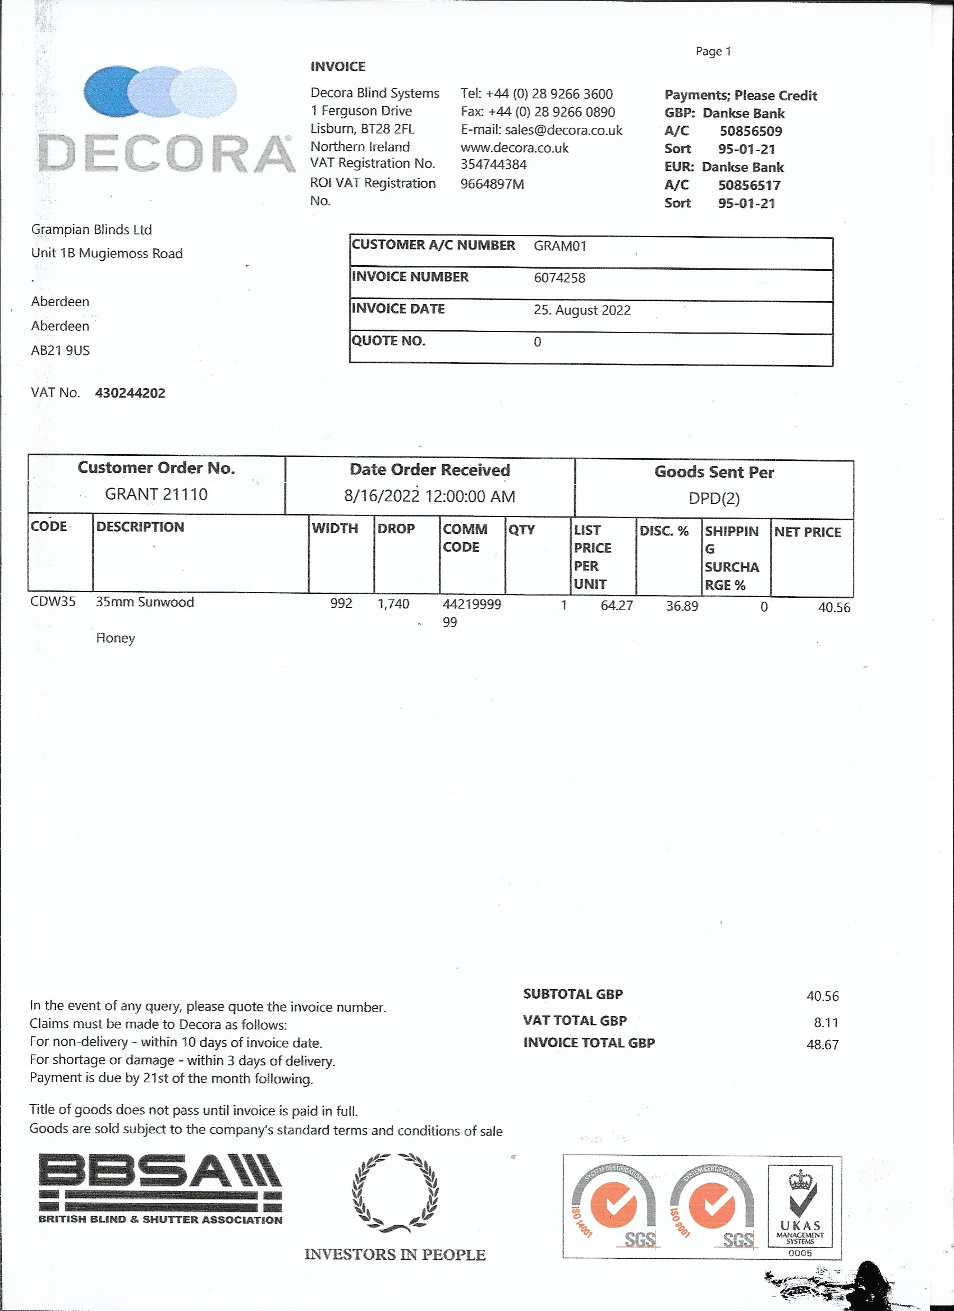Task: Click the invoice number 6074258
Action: pyautogui.click(x=559, y=278)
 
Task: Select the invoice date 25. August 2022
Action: pyautogui.click(x=581, y=311)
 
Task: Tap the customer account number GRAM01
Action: pyautogui.click(x=559, y=246)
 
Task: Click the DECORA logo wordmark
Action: pyautogui.click(x=166, y=154)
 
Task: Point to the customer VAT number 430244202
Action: pyautogui.click(x=130, y=393)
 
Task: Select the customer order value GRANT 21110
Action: pyautogui.click(x=155, y=494)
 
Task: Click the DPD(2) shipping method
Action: pyautogui.click(x=713, y=498)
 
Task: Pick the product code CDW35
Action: pyautogui.click(x=53, y=602)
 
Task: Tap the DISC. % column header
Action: pyautogui.click(x=663, y=530)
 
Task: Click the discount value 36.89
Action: pyautogui.click(x=681, y=606)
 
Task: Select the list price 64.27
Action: pyautogui.click(x=616, y=605)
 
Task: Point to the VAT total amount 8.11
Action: pyautogui.click(x=825, y=1023)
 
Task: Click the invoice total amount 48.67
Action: pyautogui.click(x=822, y=1045)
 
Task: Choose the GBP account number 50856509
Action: pyautogui.click(x=750, y=131)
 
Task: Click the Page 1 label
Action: pyautogui.click(x=713, y=52)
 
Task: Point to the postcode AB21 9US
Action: pyautogui.click(x=60, y=350)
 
